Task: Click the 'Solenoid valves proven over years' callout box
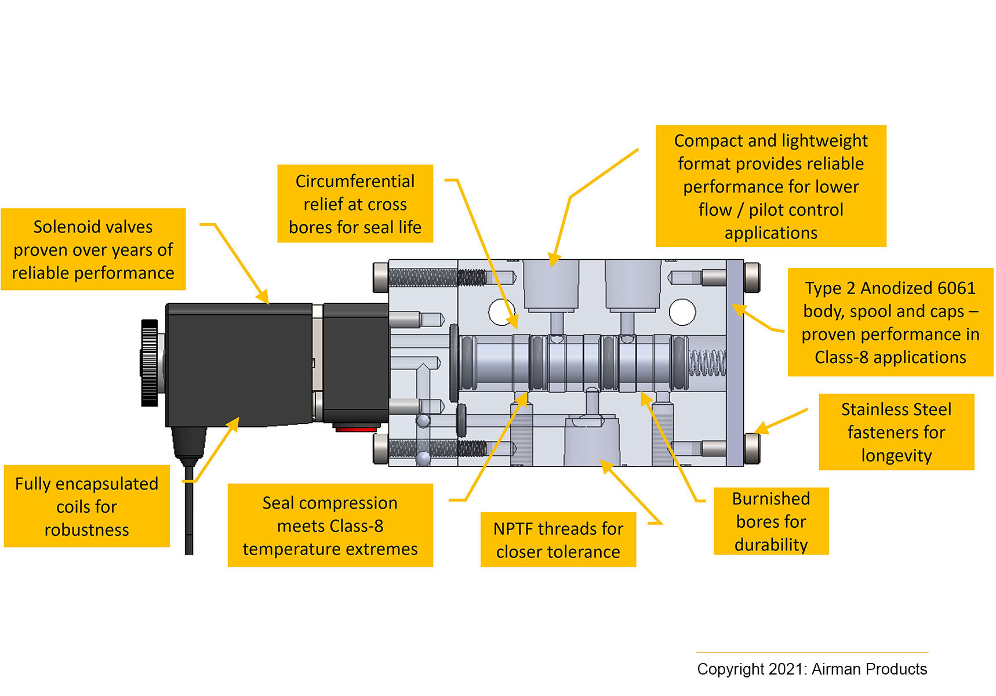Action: [x=93, y=249]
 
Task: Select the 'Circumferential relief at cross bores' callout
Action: [x=355, y=204]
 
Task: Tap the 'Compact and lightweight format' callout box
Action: [x=770, y=186]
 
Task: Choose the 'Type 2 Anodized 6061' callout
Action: [x=890, y=322]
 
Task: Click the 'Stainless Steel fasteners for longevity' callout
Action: [x=896, y=432]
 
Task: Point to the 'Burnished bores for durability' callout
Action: [x=770, y=521]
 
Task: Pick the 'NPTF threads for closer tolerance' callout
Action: [x=558, y=540]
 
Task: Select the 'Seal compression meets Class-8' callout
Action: [x=330, y=525]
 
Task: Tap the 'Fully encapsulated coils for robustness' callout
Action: [x=86, y=506]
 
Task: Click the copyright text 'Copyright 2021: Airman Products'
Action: [x=812, y=669]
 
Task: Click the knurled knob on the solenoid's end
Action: [x=150, y=362]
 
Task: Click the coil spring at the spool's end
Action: [x=707, y=362]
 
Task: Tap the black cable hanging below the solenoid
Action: [x=189, y=510]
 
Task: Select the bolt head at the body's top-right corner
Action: [x=752, y=277]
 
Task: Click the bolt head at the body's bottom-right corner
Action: [x=752, y=448]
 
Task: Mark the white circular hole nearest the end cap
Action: [x=682, y=312]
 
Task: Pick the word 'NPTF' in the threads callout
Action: [x=513, y=529]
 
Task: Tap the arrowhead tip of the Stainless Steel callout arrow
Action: [x=755, y=432]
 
